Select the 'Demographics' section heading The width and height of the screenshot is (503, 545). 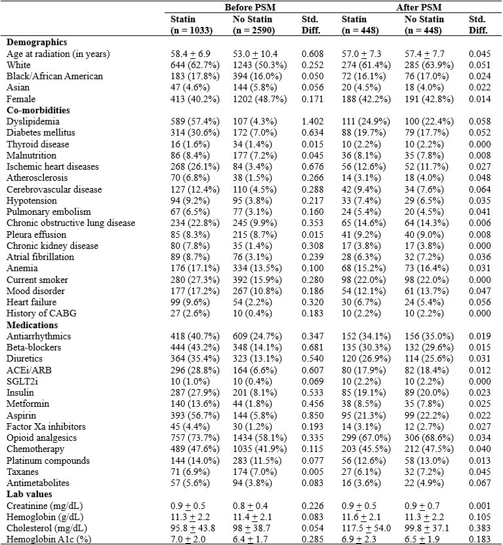pos(37,42)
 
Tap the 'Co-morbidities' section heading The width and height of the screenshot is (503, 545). pos(40,110)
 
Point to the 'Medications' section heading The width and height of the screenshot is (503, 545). pos(33,324)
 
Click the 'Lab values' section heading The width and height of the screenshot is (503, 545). pos(31,494)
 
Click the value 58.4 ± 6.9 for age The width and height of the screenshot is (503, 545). pos(189,53)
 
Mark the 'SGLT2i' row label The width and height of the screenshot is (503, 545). pos(22,381)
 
